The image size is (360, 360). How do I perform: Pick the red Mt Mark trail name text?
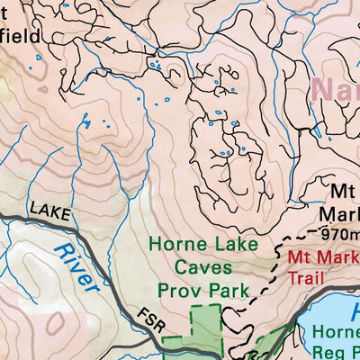click(319, 256)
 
